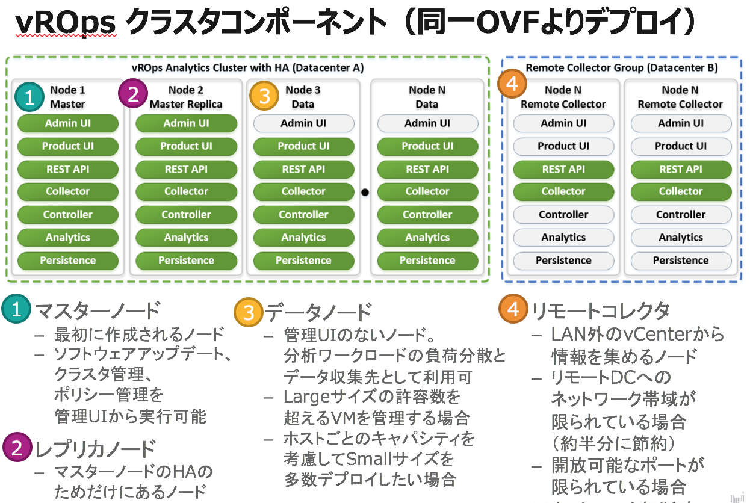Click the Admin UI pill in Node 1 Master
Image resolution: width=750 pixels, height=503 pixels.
(68, 123)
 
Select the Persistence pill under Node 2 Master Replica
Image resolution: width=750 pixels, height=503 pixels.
(186, 261)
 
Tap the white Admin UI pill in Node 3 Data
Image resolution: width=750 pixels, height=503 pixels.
(303, 123)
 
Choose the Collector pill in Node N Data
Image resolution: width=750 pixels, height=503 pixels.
(427, 191)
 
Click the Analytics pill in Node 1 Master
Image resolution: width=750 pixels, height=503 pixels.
(68, 238)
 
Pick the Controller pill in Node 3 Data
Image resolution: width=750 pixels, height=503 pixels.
(303, 215)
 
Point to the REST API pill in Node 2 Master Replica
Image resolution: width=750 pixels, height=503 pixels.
(186, 170)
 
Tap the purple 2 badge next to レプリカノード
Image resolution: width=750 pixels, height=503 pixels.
(17, 448)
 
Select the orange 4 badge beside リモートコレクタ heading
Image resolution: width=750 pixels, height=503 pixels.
(513, 310)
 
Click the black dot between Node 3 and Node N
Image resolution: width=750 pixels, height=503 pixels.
(365, 193)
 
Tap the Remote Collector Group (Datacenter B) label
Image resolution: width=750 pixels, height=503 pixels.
(622, 68)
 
